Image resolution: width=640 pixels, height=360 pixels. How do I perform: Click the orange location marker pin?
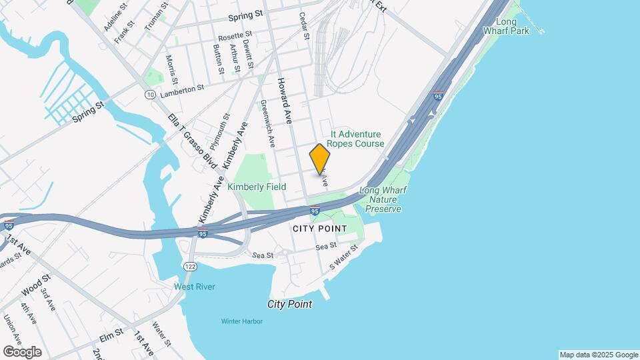click(320, 159)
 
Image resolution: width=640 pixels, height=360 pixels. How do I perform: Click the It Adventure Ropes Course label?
click(357, 139)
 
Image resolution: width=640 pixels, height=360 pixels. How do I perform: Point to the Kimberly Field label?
click(256, 187)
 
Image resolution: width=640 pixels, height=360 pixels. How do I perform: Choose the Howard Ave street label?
click(286, 99)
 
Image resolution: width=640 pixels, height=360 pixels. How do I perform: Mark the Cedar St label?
click(304, 26)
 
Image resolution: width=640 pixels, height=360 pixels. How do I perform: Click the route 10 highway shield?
click(147, 94)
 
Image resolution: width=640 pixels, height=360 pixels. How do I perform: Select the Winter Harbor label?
click(242, 321)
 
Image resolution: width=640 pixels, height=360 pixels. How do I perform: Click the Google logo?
click(22, 352)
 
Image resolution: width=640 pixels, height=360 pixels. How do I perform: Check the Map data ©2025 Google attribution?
click(599, 355)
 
